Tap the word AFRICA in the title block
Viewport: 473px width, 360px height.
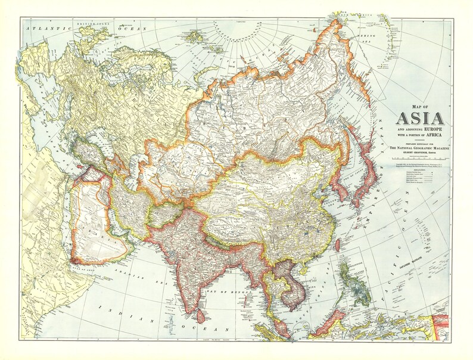(438, 135)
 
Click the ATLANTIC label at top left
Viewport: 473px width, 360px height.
(42, 27)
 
